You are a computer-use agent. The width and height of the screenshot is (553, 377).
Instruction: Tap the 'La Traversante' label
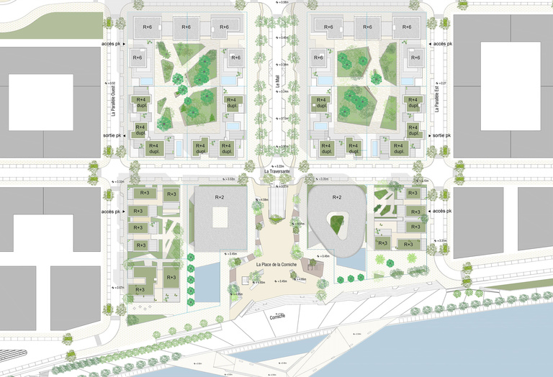tap(276, 171)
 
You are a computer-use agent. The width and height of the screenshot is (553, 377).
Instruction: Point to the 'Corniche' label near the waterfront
tap(277, 317)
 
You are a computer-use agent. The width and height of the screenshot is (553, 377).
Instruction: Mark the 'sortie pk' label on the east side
tap(441, 135)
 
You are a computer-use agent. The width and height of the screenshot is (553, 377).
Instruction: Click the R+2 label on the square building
tap(220, 196)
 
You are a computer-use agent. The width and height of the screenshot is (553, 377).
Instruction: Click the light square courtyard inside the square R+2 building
tap(218, 216)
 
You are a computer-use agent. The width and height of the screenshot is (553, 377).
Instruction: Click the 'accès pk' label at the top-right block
tap(441, 44)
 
